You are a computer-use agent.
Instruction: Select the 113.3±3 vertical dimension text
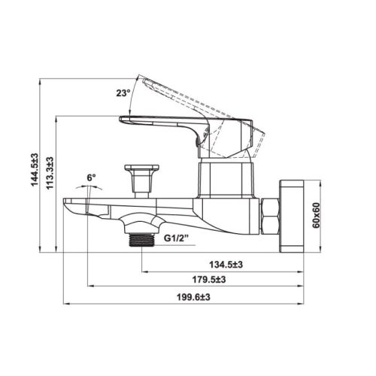click(x=50, y=173)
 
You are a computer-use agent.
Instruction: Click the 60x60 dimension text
click(x=317, y=215)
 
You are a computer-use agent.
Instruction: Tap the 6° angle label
click(x=91, y=177)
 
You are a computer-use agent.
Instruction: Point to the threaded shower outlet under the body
click(x=138, y=238)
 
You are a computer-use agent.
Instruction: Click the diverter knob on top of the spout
click(x=141, y=175)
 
